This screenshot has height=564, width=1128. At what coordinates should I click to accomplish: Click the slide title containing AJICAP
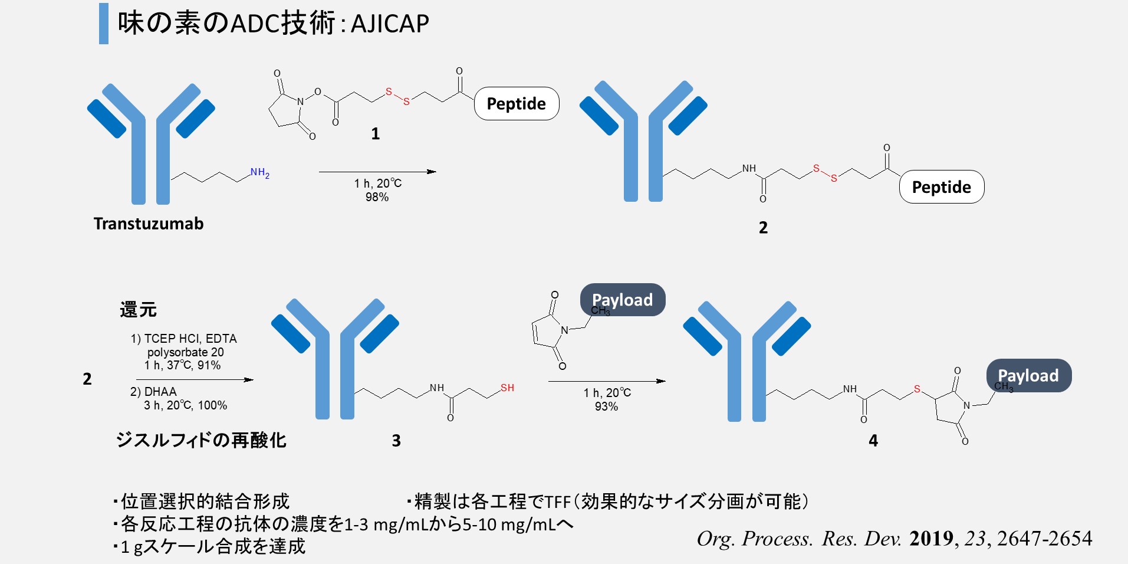pos(273,24)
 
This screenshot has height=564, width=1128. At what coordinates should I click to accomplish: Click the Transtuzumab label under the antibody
pos(149,224)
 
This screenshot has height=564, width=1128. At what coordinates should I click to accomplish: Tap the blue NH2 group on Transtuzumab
pos(259,173)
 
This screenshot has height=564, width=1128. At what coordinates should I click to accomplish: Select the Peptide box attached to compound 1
pos(517,104)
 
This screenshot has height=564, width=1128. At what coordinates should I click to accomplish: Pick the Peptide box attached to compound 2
pos(941,187)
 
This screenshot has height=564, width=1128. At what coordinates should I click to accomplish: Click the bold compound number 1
pos(375,134)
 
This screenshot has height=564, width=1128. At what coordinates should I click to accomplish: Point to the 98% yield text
pos(377,197)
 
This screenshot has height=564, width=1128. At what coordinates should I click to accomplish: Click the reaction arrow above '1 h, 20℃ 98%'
pos(377,172)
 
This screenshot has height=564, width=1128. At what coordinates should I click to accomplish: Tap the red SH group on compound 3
pos(507,388)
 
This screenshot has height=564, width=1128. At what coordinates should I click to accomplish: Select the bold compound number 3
pos(396,441)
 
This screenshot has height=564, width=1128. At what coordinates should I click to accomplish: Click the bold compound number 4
pos(873,441)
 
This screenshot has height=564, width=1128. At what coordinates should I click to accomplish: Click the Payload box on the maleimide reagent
pos(623,300)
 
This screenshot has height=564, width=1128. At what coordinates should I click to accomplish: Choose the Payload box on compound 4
pos(1028,375)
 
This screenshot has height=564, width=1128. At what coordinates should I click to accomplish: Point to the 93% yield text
pos(606,406)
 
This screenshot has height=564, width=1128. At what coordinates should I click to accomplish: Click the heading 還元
pos(138,310)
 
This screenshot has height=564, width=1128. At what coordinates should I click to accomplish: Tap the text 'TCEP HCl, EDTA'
pos(190,339)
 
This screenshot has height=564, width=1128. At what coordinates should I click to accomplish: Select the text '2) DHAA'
pos(153,392)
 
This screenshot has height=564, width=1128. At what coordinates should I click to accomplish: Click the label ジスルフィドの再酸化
pos(201,440)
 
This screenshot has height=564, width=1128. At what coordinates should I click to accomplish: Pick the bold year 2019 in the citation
pos(931,538)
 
